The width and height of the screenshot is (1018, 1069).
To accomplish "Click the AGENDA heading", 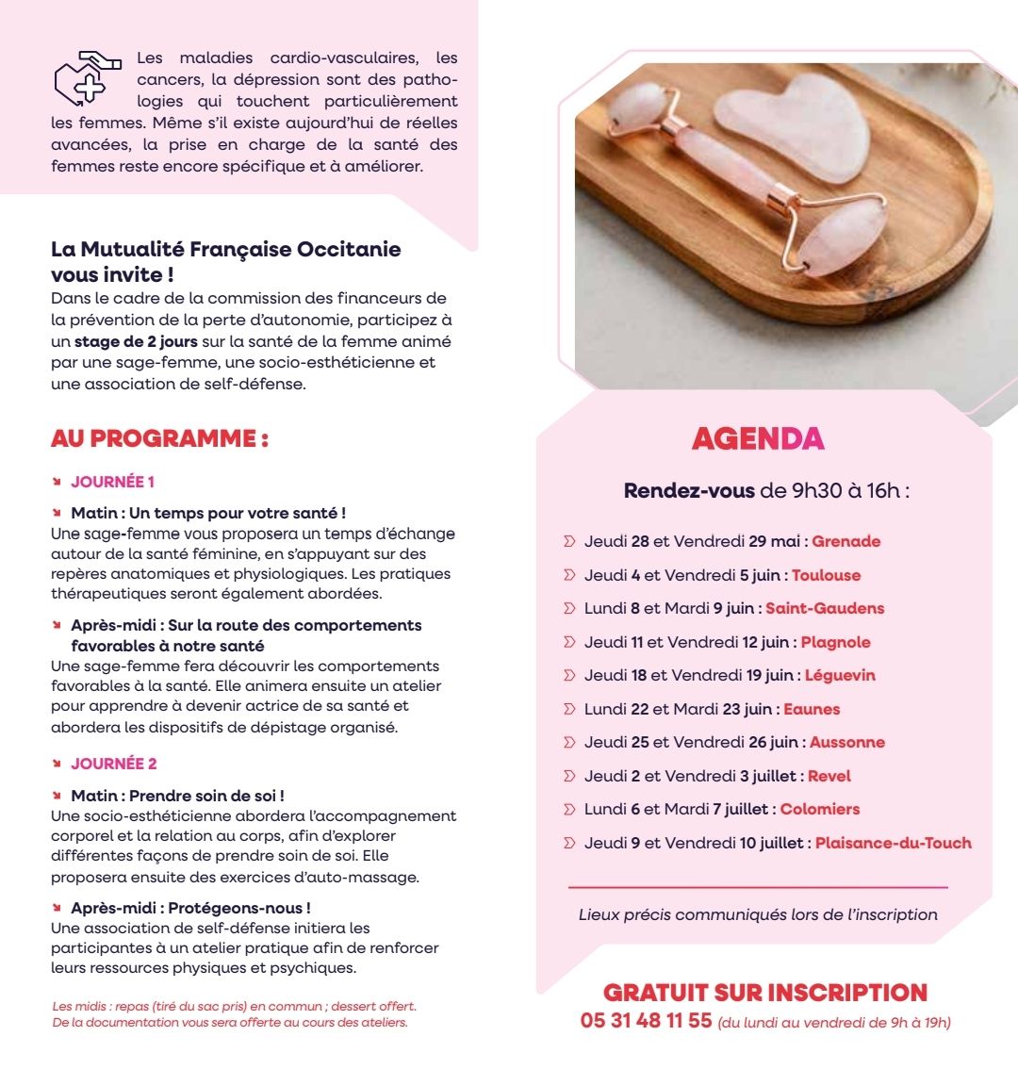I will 758,438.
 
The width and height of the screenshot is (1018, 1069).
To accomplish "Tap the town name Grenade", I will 846,541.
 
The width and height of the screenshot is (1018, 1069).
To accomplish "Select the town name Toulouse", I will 826,575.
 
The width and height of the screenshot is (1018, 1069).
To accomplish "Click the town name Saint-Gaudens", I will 825,608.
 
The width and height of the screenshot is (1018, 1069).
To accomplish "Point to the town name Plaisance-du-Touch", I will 893,843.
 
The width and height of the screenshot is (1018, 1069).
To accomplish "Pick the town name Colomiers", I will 820,809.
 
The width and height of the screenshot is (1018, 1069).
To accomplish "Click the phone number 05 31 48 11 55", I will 646,1021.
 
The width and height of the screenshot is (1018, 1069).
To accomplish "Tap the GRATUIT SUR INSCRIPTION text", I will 764,993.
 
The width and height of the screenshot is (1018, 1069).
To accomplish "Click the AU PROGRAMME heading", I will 159,438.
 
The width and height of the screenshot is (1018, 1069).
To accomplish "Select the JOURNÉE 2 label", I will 114,764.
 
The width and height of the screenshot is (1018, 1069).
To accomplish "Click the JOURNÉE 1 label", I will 113,482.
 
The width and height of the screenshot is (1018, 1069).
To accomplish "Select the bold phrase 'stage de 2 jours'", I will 136,342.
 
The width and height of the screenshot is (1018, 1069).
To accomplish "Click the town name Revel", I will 829,776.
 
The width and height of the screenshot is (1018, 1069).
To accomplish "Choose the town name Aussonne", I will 846,742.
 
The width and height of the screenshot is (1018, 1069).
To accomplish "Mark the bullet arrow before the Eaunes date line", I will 568,709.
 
